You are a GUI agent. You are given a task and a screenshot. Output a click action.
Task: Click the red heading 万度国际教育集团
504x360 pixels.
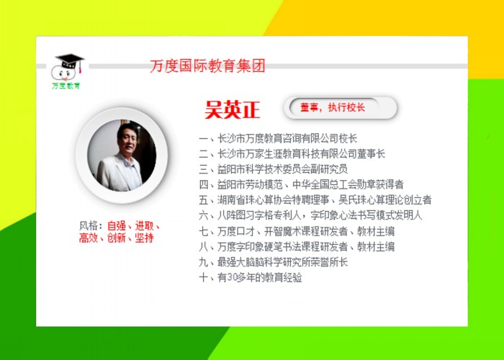coord(207,66)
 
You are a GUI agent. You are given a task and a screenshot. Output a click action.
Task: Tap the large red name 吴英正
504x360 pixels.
coord(233,110)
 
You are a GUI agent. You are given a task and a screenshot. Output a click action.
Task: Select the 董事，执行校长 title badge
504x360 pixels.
coord(341,108)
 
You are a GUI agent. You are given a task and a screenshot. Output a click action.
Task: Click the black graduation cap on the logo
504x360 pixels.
coord(70,60)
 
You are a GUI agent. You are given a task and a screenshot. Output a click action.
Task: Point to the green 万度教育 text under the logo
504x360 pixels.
coord(66,86)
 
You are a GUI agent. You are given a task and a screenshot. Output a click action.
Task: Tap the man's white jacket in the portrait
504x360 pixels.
coord(118,173)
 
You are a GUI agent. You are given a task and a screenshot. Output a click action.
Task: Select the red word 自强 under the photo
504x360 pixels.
coord(117,226)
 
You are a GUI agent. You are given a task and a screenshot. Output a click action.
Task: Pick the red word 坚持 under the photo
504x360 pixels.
coord(144,238)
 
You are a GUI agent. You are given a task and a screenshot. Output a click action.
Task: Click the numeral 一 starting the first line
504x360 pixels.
coord(204,139)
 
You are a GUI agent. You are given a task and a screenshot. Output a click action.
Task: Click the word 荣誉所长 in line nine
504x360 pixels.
coord(329,262)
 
